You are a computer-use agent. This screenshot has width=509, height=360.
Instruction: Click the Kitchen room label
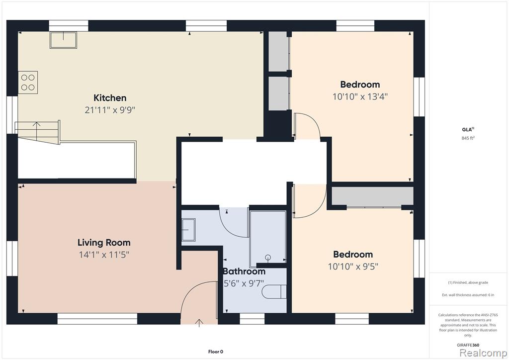tap(110, 98)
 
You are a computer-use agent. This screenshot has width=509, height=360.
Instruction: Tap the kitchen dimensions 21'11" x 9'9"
tap(110, 110)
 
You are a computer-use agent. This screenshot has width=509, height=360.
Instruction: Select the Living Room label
tap(104, 243)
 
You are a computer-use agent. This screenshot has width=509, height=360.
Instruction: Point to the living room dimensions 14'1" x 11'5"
tap(104, 255)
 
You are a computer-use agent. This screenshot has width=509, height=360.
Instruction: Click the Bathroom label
tap(244, 271)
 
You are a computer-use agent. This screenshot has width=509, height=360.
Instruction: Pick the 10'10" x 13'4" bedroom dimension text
tap(360, 96)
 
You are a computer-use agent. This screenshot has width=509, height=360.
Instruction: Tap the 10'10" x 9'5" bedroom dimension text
tap(353, 267)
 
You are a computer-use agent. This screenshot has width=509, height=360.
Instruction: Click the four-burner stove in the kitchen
tap(28, 83)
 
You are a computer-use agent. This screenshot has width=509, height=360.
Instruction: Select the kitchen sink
tap(63, 40)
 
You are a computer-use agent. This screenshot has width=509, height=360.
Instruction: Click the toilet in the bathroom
tap(274, 291)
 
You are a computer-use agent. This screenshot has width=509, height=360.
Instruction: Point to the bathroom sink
tap(188, 230)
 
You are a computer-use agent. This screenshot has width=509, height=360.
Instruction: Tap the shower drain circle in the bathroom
tap(268, 258)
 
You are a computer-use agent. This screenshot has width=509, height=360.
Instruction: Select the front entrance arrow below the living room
tap(199, 323)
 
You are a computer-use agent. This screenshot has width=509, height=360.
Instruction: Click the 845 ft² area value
tap(468, 138)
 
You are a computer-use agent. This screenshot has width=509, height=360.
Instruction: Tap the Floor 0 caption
tap(216, 352)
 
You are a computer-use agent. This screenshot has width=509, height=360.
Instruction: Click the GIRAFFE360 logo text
tap(468, 345)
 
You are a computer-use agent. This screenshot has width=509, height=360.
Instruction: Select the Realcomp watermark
tap(483, 353)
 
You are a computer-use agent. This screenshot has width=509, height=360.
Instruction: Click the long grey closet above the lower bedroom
tap(372, 196)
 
